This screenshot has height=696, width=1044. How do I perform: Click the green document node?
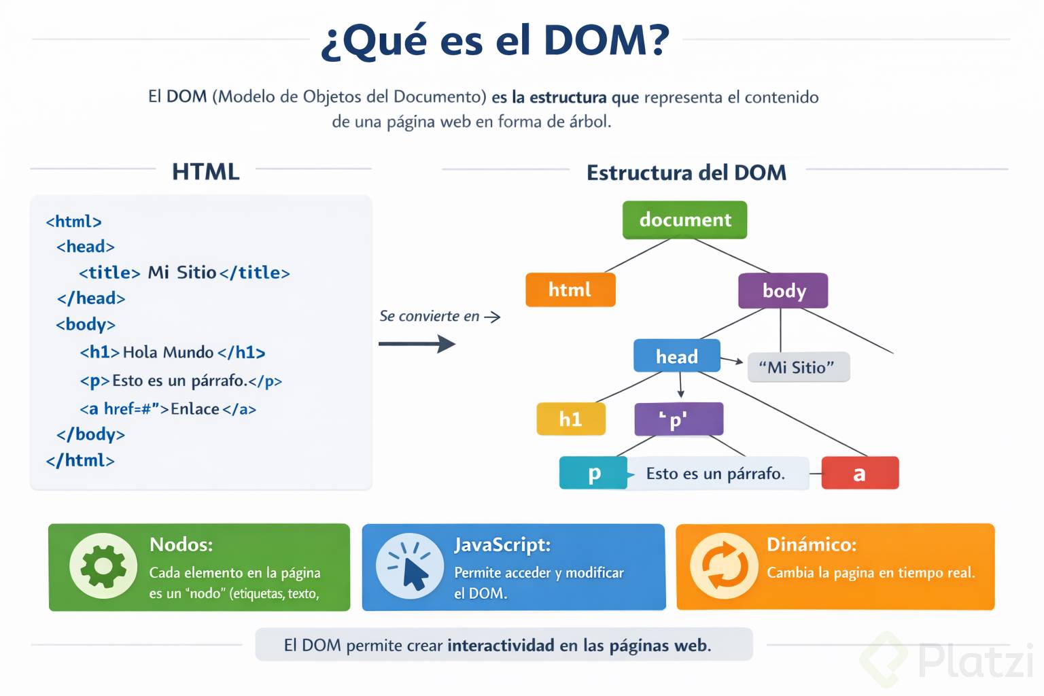click(684, 220)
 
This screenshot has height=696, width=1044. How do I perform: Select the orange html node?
click(570, 290)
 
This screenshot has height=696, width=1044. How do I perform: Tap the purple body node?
click(783, 291)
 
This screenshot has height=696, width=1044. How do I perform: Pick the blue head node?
click(676, 356)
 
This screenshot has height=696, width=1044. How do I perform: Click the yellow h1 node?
click(570, 419)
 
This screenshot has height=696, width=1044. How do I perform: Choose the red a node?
click(860, 473)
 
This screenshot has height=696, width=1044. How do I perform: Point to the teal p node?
click(593, 473)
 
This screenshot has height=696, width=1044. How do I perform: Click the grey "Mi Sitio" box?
click(798, 367)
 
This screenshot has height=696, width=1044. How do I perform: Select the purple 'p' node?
click(678, 419)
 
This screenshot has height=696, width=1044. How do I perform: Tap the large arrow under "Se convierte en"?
click(417, 344)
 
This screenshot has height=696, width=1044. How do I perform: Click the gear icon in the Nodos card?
click(103, 565)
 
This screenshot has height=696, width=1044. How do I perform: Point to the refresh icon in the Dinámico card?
click(724, 566)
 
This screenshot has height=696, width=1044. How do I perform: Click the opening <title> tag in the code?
click(109, 273)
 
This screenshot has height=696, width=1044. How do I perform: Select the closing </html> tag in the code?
click(80, 460)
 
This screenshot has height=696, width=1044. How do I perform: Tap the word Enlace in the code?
click(195, 409)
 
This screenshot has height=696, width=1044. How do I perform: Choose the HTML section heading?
click(205, 171)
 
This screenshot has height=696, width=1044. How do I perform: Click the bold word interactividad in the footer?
click(501, 645)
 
